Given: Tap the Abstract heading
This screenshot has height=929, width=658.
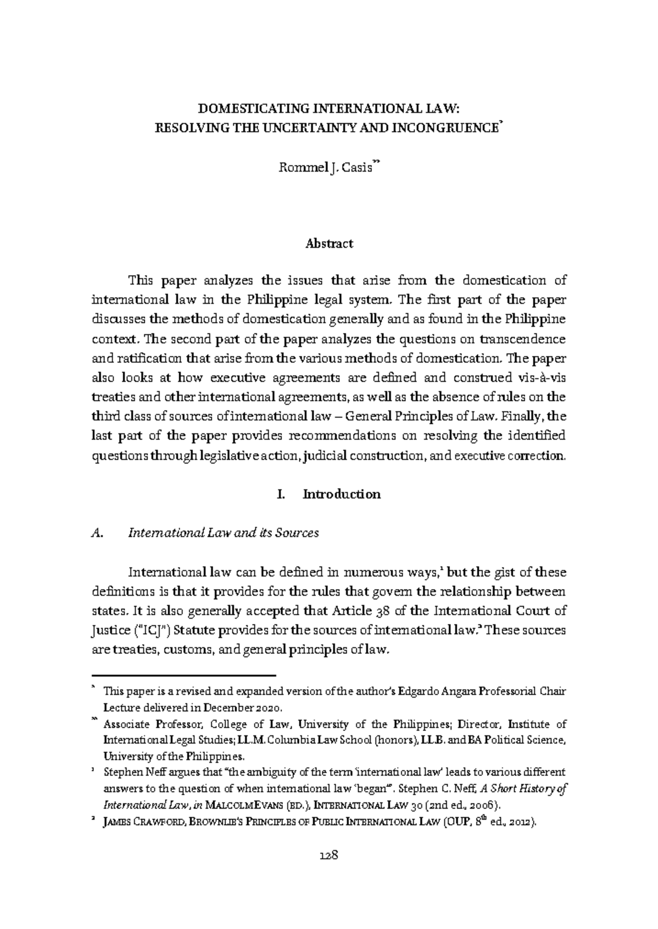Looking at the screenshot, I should tap(329, 243).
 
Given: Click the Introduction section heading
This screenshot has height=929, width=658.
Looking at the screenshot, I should tap(342, 494).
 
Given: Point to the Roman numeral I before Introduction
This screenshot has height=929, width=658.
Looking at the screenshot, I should tap(280, 494).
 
